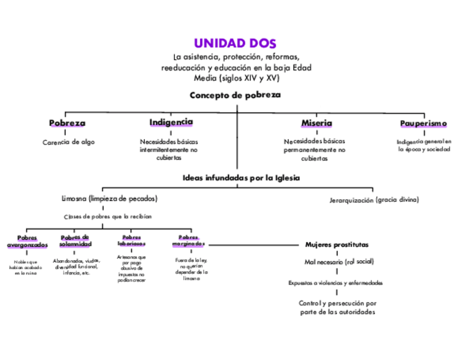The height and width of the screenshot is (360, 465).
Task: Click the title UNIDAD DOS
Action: [x=235, y=43]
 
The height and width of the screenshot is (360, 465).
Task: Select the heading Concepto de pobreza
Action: [x=235, y=95]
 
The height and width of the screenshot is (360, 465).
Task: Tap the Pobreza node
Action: [x=67, y=123]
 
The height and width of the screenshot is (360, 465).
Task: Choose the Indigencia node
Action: [x=171, y=122]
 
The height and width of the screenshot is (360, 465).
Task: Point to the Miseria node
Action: [x=316, y=123]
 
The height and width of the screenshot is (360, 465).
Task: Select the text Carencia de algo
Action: [x=69, y=142]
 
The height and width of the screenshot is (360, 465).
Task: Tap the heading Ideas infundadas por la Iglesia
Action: [x=241, y=178]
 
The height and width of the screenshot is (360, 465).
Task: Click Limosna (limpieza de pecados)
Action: [x=109, y=198]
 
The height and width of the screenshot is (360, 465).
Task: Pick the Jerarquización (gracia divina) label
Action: [x=374, y=200]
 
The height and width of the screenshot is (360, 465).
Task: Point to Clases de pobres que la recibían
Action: [x=107, y=216]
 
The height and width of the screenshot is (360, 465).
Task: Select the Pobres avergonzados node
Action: [x=27, y=241]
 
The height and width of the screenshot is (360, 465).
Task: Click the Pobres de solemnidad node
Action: [x=75, y=240]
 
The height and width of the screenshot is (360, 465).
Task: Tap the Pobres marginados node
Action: [x=188, y=240]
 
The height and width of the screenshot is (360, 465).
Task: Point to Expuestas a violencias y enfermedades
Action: [x=336, y=283]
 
